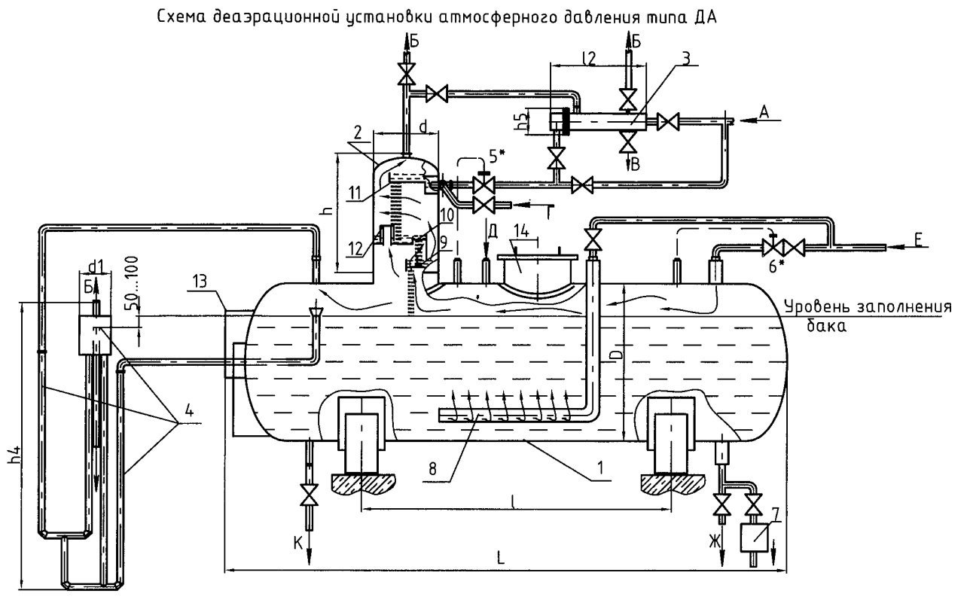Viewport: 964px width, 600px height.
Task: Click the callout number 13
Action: coord(200,282)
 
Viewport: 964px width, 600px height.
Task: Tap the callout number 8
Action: coord(432,468)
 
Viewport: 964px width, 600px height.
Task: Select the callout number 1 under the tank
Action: coord(600,467)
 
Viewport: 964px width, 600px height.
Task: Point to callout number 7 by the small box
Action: coord(775,514)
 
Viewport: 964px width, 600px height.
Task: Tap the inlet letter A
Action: coord(764,112)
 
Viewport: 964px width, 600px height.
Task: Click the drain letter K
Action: coord(298,544)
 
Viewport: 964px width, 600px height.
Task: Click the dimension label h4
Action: coord(14,455)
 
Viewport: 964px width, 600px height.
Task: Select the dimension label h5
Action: coord(521,121)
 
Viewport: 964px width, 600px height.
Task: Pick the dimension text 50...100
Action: coord(133,284)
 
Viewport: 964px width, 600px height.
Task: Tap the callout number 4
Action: coord(189,411)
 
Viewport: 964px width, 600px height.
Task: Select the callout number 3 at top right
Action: coord(686,59)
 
